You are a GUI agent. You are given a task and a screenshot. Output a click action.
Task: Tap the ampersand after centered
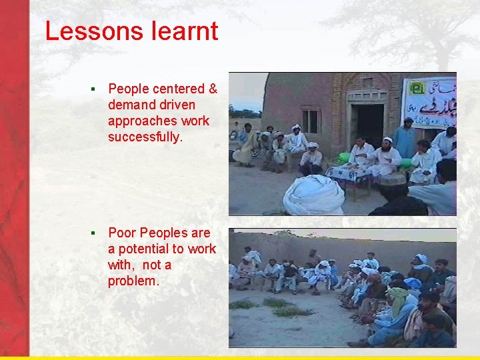click(x=213, y=89)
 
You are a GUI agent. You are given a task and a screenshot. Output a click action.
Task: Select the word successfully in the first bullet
click(x=143, y=137)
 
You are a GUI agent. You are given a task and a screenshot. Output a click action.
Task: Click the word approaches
click(x=140, y=121)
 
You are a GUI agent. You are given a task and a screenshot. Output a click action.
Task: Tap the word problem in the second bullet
click(x=133, y=281)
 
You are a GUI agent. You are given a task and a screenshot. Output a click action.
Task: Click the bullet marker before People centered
click(x=95, y=89)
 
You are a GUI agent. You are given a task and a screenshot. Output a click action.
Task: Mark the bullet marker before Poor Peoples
click(x=95, y=233)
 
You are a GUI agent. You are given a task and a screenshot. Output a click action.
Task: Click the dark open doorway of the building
click(x=370, y=124)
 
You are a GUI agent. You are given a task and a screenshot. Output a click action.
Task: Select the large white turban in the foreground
click(x=313, y=195)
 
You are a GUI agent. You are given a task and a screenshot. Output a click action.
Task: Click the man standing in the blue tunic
click(x=405, y=139)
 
